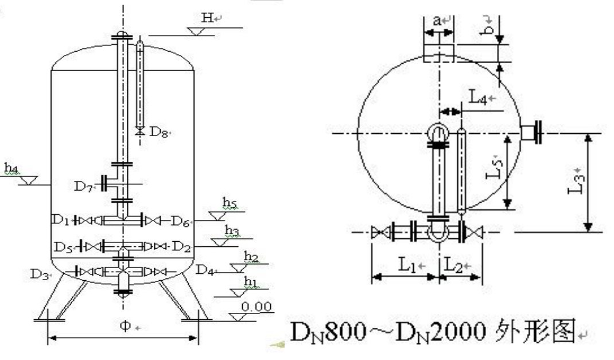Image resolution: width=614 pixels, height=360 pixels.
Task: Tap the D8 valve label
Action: tap(158, 131)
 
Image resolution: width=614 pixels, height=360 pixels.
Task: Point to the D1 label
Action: tap(61, 220)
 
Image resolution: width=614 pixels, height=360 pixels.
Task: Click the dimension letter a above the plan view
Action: tap(436, 21)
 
